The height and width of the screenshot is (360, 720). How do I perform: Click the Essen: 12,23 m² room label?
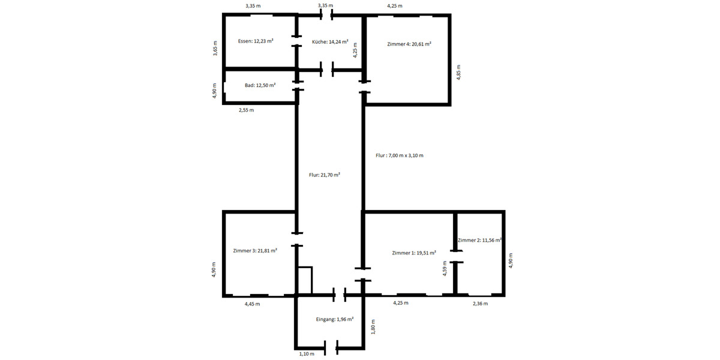[256, 41]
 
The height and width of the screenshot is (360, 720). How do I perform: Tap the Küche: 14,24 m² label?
[330, 42]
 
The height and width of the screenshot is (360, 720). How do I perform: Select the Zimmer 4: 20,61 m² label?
[410, 44]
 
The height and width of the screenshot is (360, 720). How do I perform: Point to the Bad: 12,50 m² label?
[260, 85]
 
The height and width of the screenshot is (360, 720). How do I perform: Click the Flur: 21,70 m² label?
[325, 175]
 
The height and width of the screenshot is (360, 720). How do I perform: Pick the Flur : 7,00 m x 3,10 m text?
[400, 155]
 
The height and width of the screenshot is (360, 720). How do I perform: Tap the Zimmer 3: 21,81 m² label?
[254, 251]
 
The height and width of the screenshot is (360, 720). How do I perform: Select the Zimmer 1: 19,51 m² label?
[413, 253]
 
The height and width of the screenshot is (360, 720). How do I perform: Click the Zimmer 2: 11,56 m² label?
[479, 240]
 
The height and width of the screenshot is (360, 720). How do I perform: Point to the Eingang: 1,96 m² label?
[335, 319]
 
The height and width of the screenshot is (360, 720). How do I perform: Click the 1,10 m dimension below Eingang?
[306, 354]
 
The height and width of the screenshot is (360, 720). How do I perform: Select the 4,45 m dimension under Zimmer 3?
[252, 304]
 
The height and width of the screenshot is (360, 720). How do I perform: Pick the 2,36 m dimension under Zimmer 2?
[480, 304]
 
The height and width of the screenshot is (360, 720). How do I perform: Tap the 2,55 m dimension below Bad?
[246, 110]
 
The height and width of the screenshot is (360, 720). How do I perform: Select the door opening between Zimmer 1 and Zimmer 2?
[457, 256]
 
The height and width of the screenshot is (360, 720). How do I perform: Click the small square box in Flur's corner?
[305, 281]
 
